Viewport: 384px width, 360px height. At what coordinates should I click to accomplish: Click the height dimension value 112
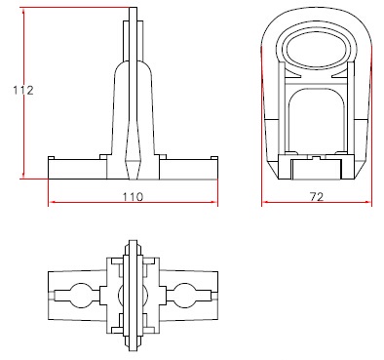pyautogui.click(x=23, y=90)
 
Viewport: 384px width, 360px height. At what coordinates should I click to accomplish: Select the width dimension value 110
pyautogui.click(x=133, y=197)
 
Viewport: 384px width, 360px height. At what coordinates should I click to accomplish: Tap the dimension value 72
pyautogui.click(x=317, y=197)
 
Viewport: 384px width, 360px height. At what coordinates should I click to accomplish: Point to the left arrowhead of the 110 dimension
pyautogui.click(x=52, y=202)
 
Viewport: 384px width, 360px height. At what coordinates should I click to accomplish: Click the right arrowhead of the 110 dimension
pyautogui.click(x=213, y=202)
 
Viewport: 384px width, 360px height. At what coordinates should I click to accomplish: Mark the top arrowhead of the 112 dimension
pyautogui.click(x=23, y=12)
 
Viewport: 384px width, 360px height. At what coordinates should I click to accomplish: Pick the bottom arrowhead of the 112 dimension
pyautogui.click(x=23, y=175)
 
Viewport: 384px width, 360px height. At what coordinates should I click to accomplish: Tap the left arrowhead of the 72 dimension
pyautogui.click(x=265, y=202)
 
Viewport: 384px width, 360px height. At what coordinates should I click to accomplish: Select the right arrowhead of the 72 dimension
pyautogui.click(x=367, y=202)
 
